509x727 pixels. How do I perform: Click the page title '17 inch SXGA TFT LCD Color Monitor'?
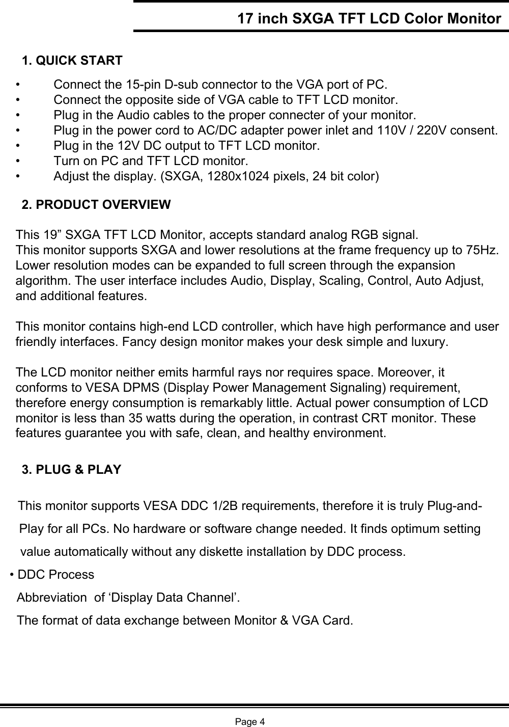click(369, 19)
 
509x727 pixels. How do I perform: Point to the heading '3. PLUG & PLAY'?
click(72, 469)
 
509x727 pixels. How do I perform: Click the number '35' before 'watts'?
click(151, 419)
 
